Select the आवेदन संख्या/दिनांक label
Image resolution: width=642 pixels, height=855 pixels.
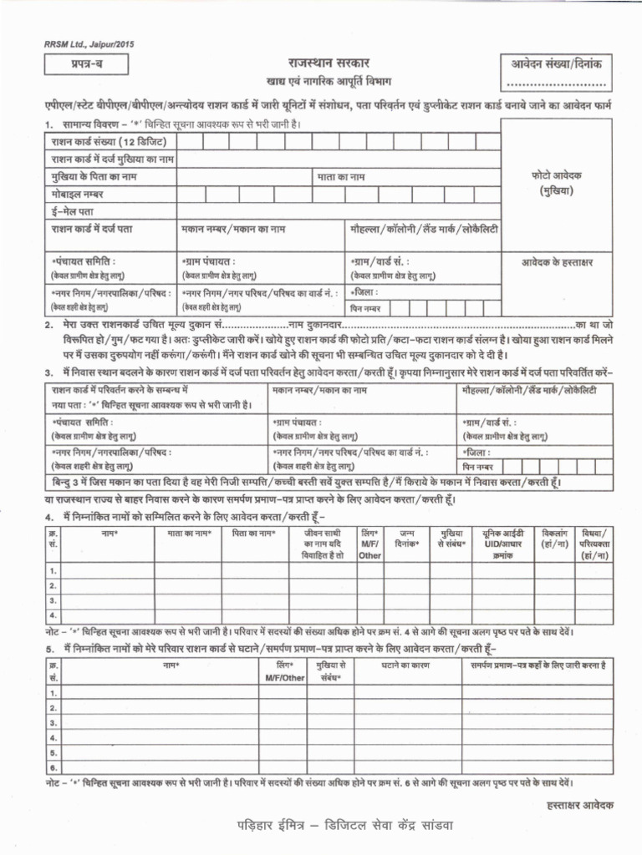click(557, 63)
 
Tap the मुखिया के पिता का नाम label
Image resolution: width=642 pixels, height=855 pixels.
click(94, 177)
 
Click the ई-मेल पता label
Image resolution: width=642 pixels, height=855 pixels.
click(74, 211)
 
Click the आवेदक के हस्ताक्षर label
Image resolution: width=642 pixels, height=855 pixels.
click(556, 263)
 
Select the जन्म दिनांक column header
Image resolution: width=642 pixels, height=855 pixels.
click(408, 537)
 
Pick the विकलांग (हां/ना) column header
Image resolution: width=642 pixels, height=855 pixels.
click(553, 537)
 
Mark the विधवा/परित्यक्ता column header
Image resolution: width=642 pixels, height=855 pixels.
click(594, 543)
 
